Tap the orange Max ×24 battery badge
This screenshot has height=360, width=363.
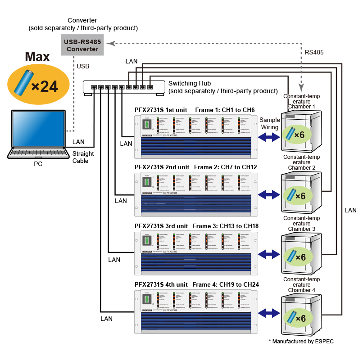(x=38, y=84)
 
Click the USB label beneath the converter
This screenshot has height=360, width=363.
(x=83, y=66)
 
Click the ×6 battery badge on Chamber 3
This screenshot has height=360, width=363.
(x=297, y=256)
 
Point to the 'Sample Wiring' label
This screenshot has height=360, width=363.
(x=269, y=123)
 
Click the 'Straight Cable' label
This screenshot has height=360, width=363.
(x=83, y=157)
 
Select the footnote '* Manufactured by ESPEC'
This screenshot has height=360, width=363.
(x=301, y=342)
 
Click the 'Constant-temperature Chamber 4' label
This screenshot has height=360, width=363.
(x=301, y=284)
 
